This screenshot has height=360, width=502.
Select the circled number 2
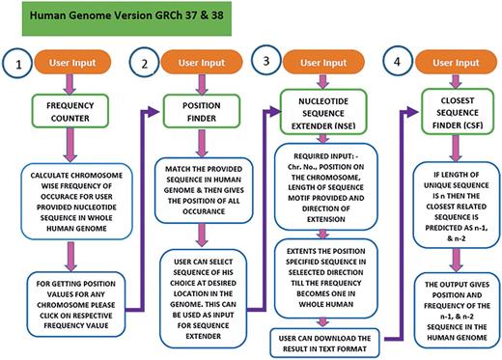[x=145, y=68]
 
